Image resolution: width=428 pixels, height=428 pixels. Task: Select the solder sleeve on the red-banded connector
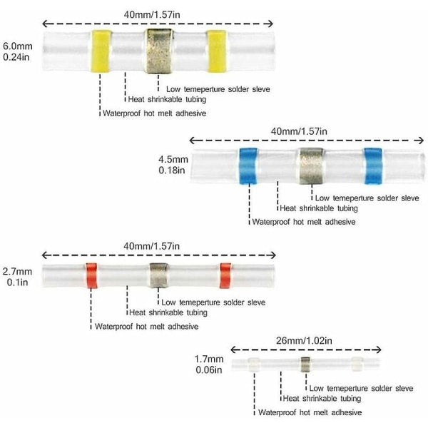[158, 273]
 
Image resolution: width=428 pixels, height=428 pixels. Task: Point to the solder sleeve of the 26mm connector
[305, 366]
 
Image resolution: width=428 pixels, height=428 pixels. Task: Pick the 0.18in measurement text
[172, 171]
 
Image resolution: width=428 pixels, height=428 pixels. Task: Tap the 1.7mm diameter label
[209, 360]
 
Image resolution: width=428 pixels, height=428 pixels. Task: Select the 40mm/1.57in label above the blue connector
[300, 131]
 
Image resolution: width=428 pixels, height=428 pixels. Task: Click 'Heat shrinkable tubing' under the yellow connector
[166, 100]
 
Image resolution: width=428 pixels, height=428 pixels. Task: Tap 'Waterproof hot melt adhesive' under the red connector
[146, 326]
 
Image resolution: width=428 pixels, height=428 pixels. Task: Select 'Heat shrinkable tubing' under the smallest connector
[321, 399]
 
